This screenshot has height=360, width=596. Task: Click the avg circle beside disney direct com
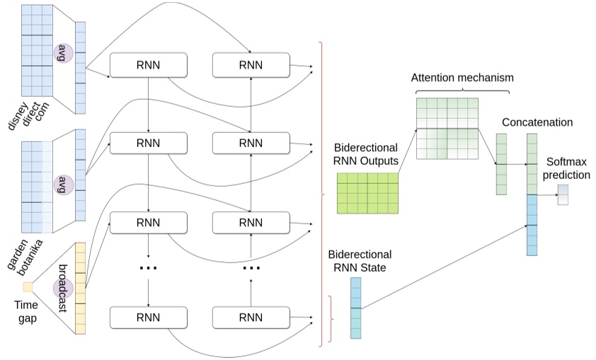(62, 53)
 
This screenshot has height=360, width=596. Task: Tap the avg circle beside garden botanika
(62, 185)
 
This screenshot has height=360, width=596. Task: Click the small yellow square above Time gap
(28, 286)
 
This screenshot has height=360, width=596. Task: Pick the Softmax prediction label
(566, 168)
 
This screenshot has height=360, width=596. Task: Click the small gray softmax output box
(563, 194)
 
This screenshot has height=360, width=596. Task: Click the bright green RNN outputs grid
(367, 193)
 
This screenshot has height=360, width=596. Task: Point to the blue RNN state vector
(355, 308)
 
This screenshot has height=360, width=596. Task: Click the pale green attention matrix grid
(447, 128)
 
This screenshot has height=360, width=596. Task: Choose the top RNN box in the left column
(149, 66)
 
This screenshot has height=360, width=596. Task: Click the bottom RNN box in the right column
(251, 317)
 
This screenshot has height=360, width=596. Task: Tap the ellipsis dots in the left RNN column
(149, 268)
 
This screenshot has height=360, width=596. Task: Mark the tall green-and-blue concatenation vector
(532, 194)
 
